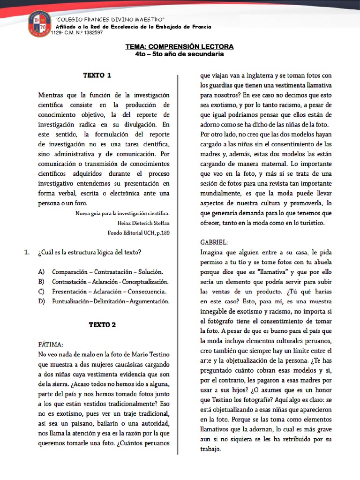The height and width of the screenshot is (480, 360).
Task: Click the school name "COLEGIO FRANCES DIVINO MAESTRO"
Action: (110, 19)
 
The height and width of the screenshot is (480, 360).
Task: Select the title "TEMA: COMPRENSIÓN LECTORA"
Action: (179, 47)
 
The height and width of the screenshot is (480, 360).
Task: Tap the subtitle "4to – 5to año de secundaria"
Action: (179, 54)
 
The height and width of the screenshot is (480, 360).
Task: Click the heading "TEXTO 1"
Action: (97, 75)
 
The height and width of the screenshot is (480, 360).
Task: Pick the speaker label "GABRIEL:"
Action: (214, 242)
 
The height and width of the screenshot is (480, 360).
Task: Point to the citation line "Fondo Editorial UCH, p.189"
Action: (138, 232)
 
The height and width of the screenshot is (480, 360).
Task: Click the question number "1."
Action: (27, 253)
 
